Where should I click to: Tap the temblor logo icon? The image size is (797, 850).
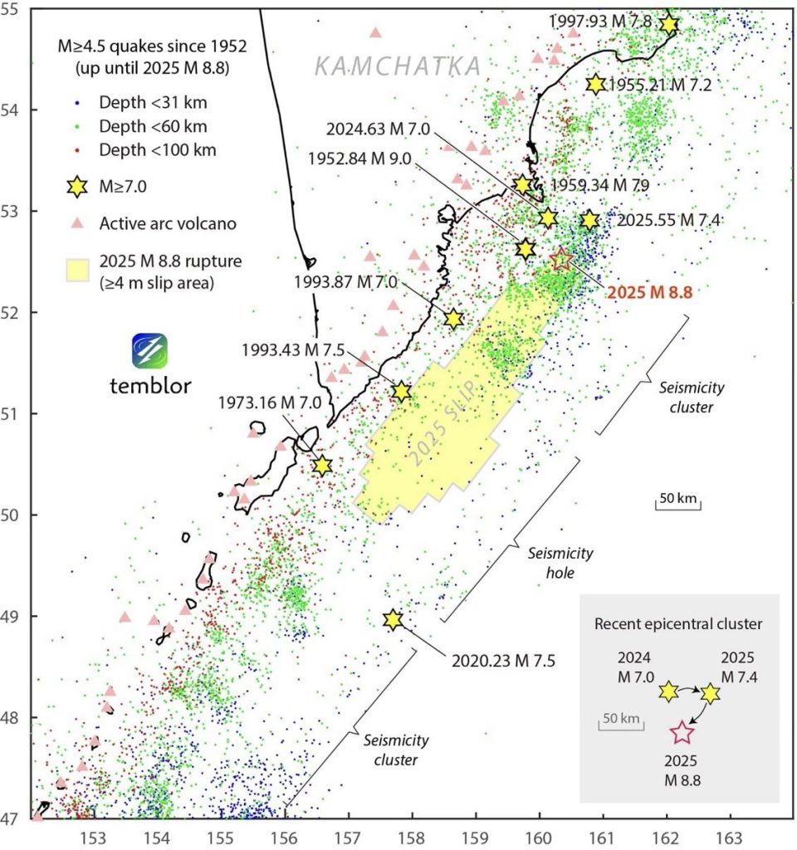point(149,352)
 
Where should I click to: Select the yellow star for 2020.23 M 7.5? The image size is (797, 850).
point(393,620)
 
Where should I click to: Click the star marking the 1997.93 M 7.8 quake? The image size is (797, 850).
point(668,25)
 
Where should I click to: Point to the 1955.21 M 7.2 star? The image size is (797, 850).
point(595,84)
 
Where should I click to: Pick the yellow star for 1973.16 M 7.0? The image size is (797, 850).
point(322,466)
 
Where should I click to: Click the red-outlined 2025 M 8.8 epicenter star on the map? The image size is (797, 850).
point(561,260)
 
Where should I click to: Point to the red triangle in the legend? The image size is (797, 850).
point(76,222)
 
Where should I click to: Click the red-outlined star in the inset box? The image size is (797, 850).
point(682,732)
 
